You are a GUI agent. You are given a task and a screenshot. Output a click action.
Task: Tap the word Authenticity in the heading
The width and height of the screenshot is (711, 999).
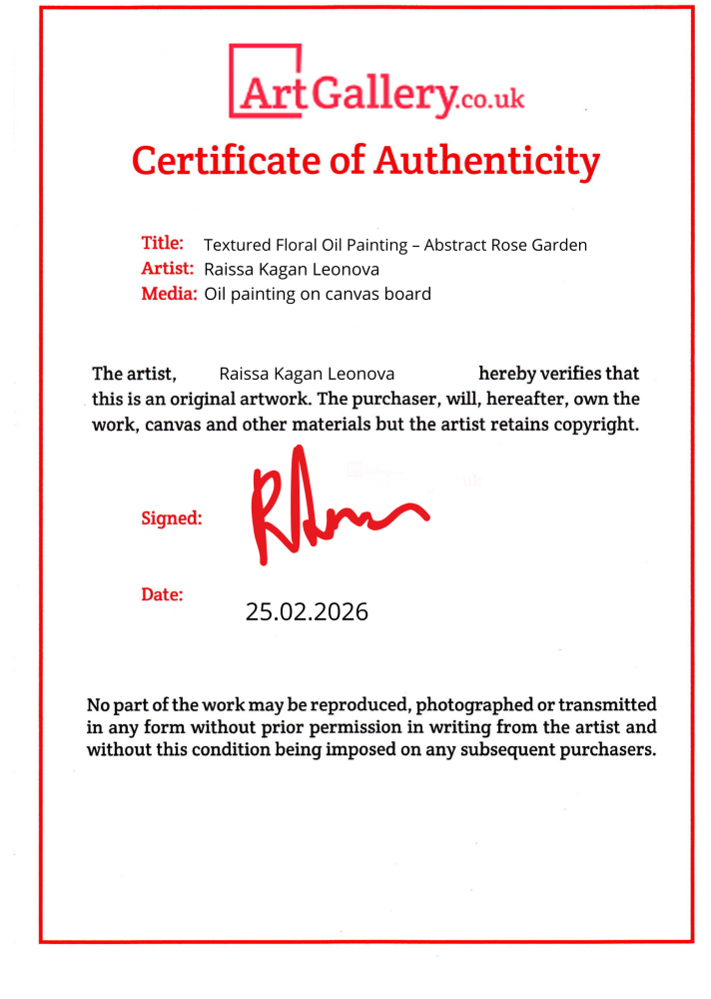pos(487,160)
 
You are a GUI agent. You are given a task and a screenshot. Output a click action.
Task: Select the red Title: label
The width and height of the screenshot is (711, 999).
pos(162,243)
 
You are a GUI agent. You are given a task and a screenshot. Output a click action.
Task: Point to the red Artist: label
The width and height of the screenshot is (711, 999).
pos(168,268)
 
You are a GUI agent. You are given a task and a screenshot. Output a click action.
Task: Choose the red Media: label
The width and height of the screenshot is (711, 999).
pos(169,294)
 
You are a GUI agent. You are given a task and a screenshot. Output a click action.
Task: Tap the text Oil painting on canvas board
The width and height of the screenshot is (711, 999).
pos(318,294)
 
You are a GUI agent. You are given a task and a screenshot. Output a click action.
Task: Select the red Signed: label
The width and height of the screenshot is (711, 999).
pos(172,518)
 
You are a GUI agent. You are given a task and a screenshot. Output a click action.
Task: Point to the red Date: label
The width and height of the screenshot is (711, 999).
pos(162,594)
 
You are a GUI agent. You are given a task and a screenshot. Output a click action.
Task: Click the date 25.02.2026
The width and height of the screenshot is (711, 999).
pos(307,611)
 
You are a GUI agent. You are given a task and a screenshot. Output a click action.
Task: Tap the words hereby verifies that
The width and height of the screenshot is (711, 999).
pos(559,374)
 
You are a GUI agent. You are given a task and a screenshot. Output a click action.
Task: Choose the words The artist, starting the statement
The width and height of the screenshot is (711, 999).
pos(134,374)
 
